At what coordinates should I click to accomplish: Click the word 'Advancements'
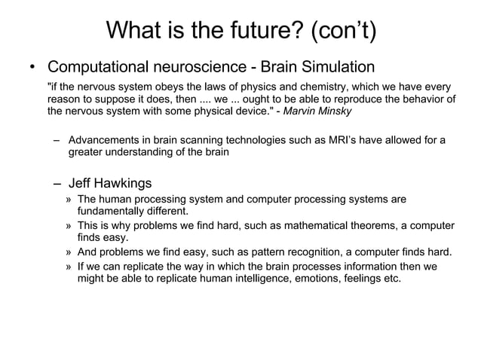point(106,140)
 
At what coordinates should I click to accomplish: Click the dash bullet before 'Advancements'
point(57,140)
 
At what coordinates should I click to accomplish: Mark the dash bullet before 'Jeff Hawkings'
point(57,183)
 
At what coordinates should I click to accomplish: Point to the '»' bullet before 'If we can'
point(69,266)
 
